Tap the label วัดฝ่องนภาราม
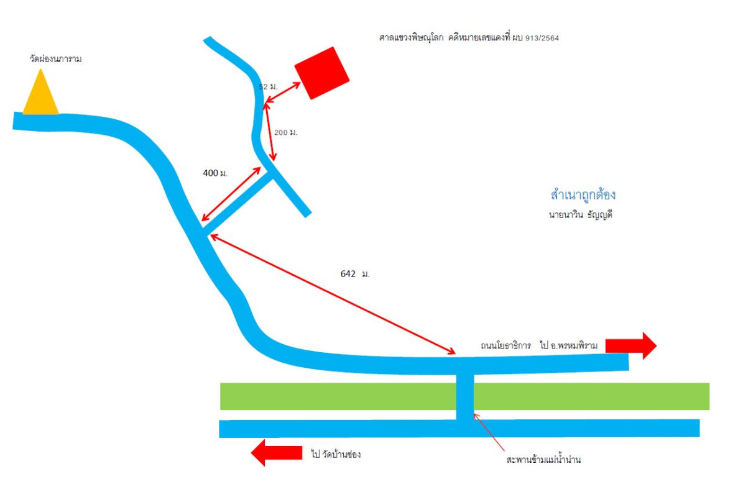click(55, 59)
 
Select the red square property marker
click(322, 73)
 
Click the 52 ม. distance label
click(268, 86)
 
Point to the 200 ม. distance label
click(286, 132)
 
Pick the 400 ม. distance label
click(215, 173)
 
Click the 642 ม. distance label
click(355, 273)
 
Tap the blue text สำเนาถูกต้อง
click(583, 194)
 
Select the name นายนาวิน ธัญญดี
click(580, 215)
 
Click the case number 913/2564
click(542, 38)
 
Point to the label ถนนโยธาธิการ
click(505, 345)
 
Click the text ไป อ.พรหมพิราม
click(568, 345)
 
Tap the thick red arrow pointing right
click(630, 345)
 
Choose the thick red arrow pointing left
click(276, 453)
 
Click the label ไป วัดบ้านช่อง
click(336, 454)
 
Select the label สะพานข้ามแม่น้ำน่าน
click(543, 459)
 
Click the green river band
click(464, 396)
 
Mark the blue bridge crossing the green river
click(465, 396)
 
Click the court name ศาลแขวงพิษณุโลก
click(411, 38)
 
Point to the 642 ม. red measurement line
click(333, 294)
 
